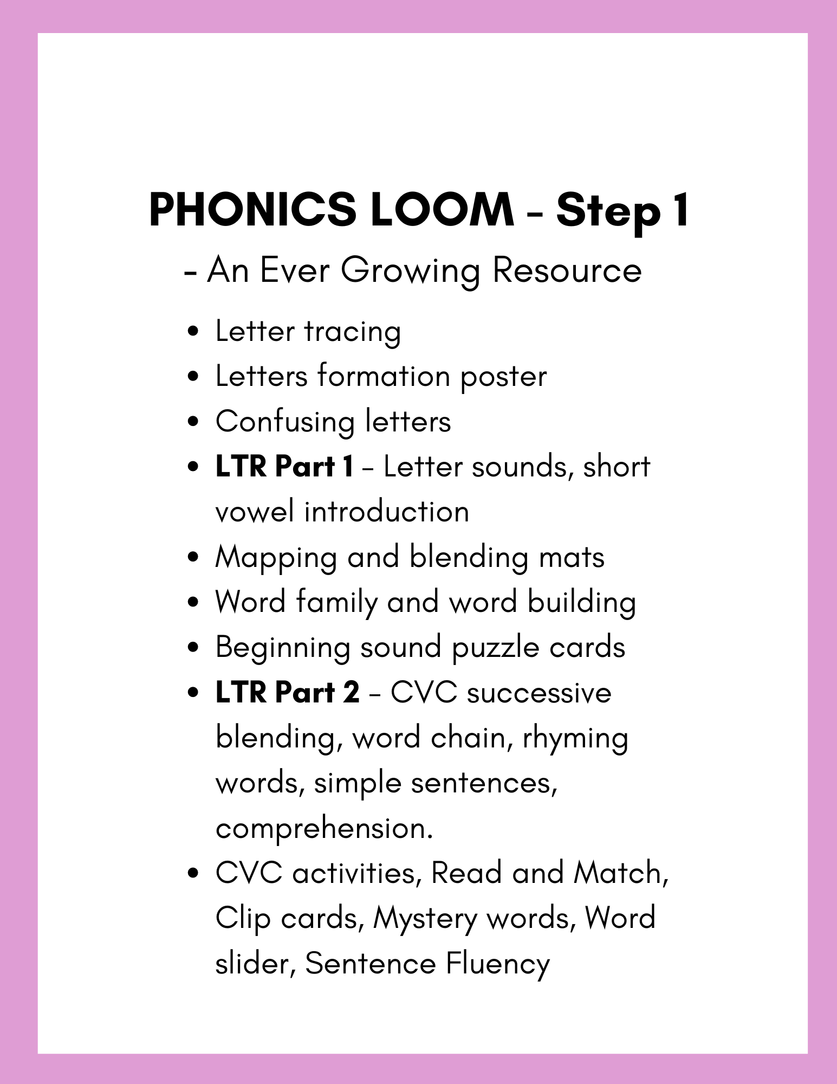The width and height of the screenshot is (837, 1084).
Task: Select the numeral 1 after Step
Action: click(679, 210)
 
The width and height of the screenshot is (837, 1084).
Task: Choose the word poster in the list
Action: click(503, 377)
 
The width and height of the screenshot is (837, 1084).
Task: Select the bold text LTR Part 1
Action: click(284, 467)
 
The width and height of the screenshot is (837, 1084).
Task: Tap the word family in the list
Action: click(336, 603)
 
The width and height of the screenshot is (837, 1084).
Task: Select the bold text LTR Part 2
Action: click(287, 693)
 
